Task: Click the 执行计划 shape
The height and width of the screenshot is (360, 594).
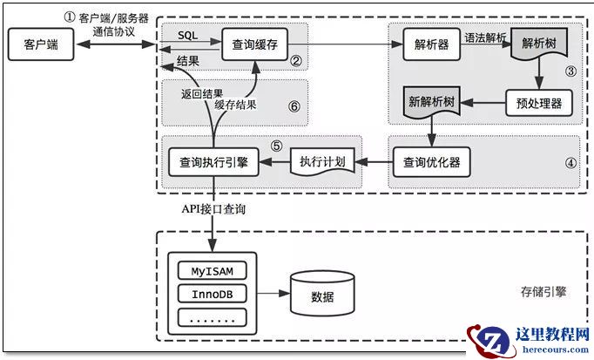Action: tap(321, 161)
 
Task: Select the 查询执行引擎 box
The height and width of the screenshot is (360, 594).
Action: tap(212, 161)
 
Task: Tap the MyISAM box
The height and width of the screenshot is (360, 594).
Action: tap(213, 270)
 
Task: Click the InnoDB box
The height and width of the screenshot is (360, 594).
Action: tap(213, 294)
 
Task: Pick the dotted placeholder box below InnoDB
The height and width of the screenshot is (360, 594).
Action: tap(213, 317)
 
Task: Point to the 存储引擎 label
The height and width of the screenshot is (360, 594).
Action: tap(543, 291)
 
